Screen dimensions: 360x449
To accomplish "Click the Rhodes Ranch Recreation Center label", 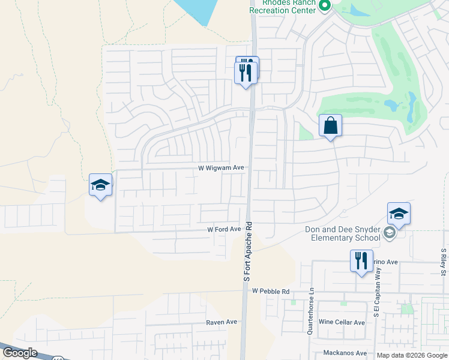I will tap(282, 7).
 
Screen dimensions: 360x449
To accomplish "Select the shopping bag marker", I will tap(330, 126).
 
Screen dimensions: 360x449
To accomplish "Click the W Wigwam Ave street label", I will tap(221, 169).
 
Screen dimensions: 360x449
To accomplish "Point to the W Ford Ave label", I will tap(224, 229).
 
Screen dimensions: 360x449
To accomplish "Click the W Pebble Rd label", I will tap(271, 291).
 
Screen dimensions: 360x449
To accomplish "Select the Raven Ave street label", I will tap(222, 322).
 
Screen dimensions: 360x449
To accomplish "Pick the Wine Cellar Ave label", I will tap(342, 322).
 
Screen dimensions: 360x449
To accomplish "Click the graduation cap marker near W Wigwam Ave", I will tap(100, 185).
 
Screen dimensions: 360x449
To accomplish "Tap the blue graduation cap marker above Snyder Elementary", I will tap(399, 214).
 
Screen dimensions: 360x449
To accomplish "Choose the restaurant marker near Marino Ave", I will tap(361, 262).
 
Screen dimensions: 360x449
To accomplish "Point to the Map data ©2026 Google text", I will tap(412, 355).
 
